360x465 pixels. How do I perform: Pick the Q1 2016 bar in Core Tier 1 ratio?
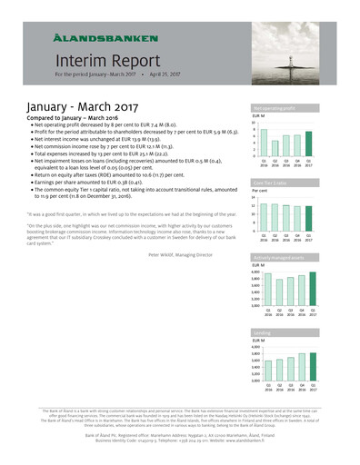pyautogui.click(x=264, y=218)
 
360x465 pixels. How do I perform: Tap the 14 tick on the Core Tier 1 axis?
pyautogui.click(x=254, y=197)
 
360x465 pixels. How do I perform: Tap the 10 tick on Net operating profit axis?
pyautogui.click(x=254, y=122)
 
